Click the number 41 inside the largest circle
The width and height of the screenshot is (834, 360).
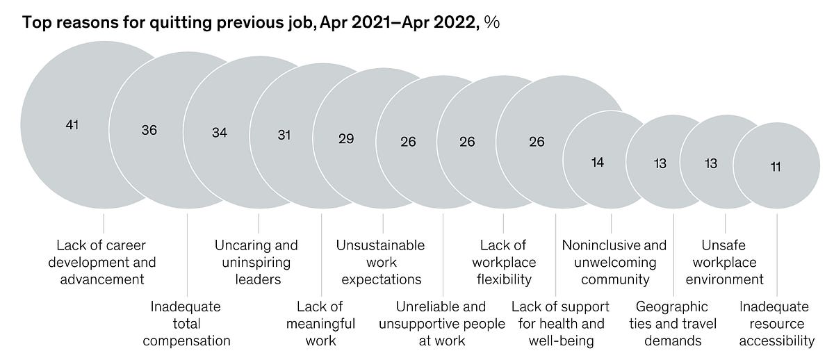click(x=72, y=126)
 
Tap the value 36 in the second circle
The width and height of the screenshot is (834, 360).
click(x=149, y=130)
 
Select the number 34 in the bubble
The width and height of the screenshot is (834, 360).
click(x=220, y=133)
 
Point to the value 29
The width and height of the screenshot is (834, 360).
click(x=346, y=138)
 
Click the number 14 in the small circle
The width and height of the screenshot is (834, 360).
click(x=598, y=162)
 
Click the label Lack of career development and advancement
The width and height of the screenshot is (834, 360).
click(x=106, y=262)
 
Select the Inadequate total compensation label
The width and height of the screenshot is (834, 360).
click(x=191, y=323)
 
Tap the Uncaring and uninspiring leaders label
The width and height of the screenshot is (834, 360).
click(x=256, y=262)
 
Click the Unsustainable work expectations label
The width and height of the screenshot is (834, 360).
click(x=380, y=262)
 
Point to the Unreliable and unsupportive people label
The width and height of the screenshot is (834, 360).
click(x=441, y=323)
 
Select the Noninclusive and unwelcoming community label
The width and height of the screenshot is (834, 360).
click(x=614, y=262)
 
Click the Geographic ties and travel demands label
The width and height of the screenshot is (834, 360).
click(x=673, y=323)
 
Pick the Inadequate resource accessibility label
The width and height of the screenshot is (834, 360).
click(x=776, y=323)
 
